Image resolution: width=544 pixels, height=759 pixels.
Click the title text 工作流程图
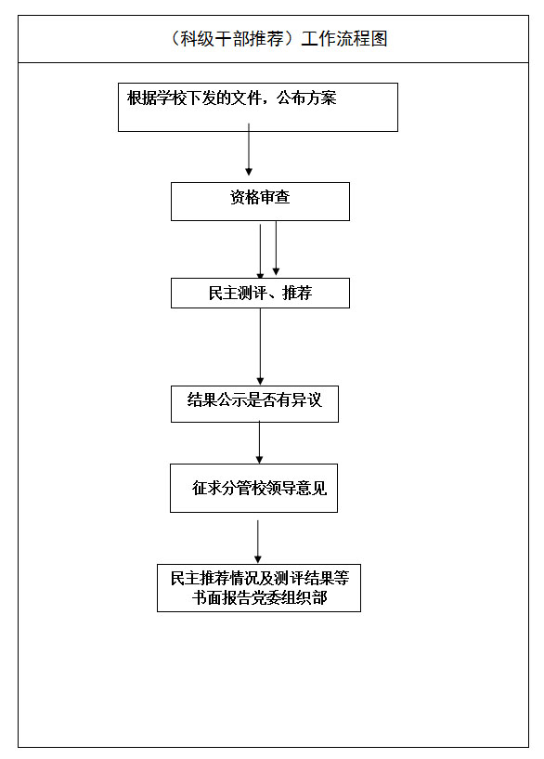[344, 39]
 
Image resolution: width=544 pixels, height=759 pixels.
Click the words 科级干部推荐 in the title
[232, 39]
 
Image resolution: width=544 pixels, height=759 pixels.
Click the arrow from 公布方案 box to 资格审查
[249, 149]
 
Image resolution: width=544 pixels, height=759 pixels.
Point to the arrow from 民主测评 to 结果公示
[260, 347]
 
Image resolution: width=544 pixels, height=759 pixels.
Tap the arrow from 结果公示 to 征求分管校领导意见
[259, 442]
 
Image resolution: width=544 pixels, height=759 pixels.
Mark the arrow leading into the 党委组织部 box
[258, 542]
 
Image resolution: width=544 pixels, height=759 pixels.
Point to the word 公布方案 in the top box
[306, 98]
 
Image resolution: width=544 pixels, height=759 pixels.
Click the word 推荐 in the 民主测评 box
[297, 293]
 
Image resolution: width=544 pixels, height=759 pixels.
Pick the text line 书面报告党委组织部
[259, 597]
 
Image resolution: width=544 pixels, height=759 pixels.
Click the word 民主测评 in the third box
[238, 293]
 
